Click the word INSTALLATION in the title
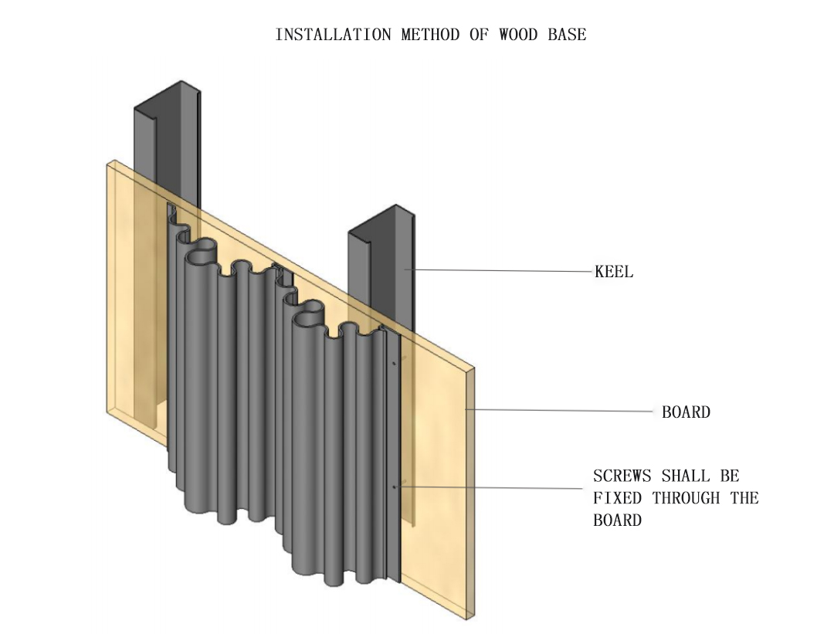pos(334,35)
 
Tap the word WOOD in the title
pos(519,35)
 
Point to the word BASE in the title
pos(567,35)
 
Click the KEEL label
pos(614,272)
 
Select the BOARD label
pos(686,412)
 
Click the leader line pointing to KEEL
pos(502,270)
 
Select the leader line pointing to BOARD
pos(564,411)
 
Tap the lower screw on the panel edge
pos(394,487)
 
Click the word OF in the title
pos(479,35)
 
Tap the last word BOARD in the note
pos(617,520)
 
